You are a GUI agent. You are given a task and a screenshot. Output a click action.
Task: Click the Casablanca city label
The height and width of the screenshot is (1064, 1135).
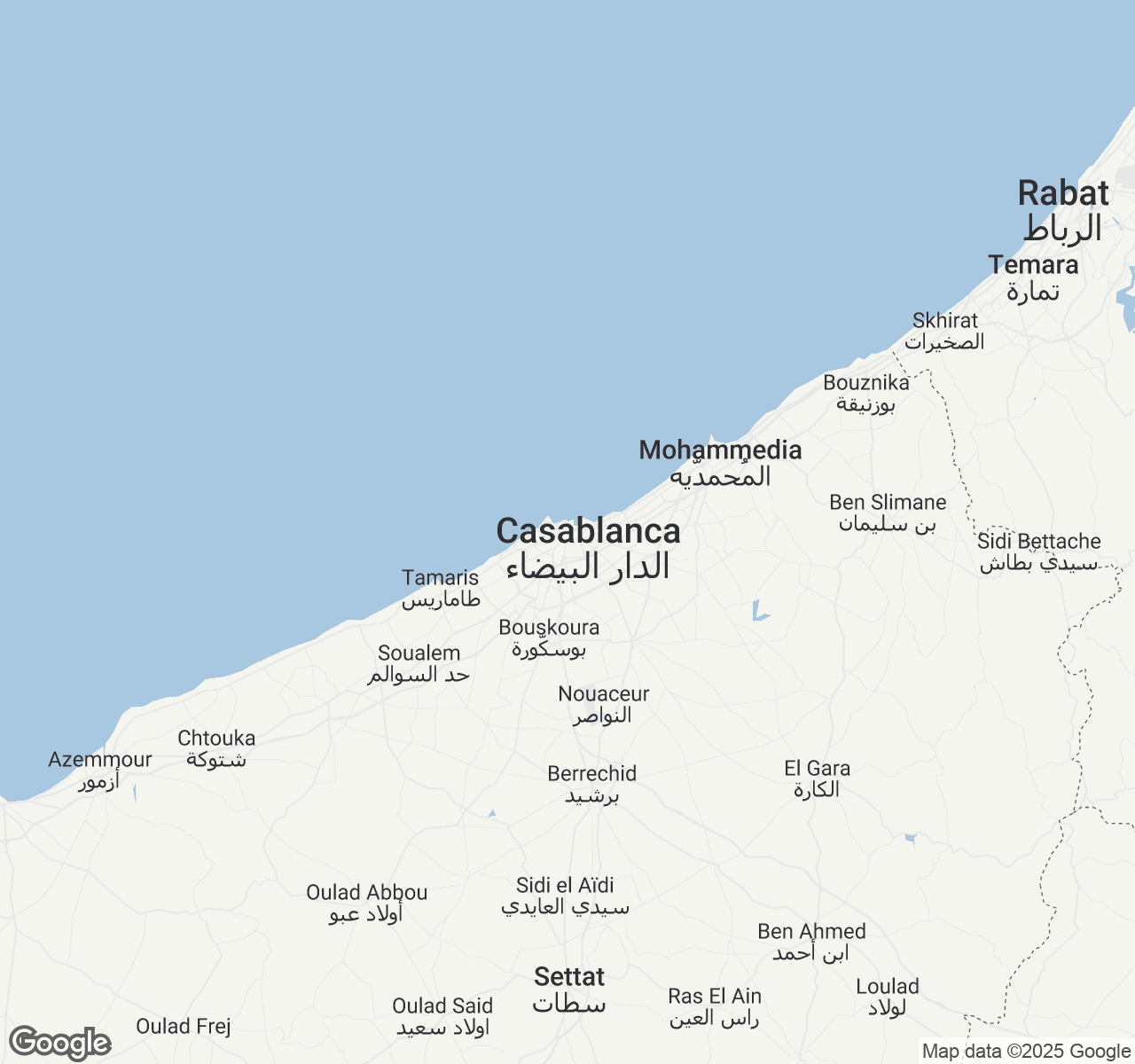588,532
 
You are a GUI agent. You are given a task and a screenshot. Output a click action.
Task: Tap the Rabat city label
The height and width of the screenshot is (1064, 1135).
1063,193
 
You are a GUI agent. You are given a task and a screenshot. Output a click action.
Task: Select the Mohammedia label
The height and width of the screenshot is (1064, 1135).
720,450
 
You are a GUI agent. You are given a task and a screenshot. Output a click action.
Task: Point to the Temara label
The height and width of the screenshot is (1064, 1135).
1033,265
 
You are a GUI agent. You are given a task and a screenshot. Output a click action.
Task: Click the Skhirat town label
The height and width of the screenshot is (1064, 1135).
945,321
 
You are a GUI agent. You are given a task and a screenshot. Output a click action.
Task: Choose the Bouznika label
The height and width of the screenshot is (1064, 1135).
866,383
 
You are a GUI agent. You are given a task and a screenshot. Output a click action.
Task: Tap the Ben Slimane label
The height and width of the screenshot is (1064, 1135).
888,503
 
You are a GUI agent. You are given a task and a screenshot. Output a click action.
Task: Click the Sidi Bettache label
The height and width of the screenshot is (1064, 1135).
1038,542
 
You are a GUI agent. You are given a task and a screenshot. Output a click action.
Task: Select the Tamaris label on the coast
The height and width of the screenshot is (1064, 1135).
440,578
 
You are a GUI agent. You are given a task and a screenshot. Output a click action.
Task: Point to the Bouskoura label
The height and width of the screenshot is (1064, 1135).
549,628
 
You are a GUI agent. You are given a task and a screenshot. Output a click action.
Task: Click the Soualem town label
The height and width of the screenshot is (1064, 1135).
419,653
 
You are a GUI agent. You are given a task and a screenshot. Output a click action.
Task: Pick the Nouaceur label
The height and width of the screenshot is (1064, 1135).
603,694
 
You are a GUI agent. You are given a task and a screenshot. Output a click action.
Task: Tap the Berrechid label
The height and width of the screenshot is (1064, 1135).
591,774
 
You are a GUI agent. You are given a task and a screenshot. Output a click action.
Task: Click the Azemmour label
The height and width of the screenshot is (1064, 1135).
100,760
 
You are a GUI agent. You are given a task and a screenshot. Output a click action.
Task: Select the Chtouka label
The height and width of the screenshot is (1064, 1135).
216,739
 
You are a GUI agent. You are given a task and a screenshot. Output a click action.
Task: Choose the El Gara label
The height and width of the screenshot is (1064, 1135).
817,769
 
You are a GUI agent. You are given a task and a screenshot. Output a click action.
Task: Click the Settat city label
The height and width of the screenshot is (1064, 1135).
569,977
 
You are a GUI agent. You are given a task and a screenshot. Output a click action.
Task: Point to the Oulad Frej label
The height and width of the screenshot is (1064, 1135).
184,1027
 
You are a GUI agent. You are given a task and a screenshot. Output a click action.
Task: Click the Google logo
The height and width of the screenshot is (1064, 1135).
60,1043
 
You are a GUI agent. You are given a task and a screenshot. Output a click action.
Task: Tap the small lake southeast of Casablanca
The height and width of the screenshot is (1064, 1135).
759,612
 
